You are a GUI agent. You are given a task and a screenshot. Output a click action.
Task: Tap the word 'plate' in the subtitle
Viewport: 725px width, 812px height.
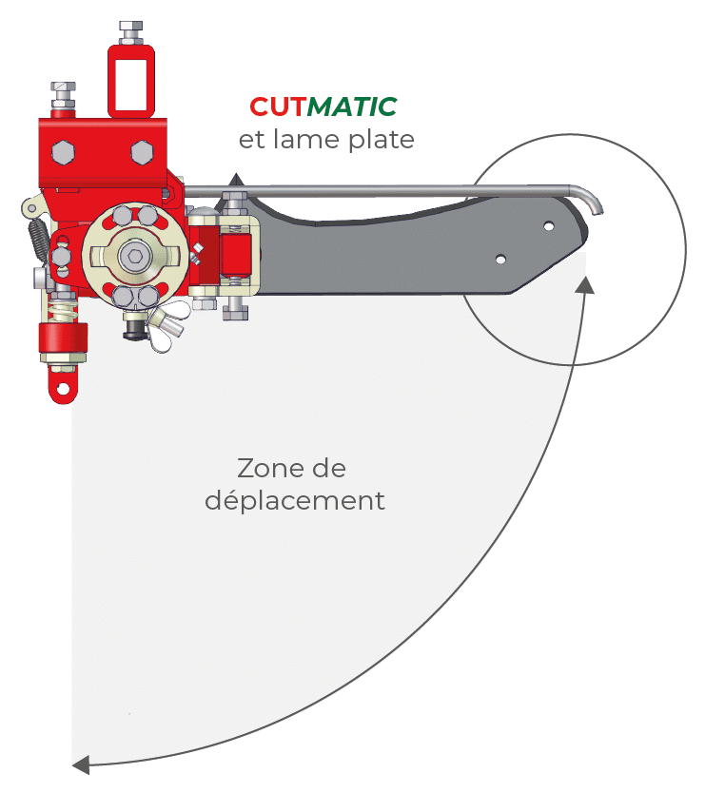(x=382, y=141)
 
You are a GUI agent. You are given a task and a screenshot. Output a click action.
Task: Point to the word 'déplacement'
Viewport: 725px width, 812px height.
(x=295, y=501)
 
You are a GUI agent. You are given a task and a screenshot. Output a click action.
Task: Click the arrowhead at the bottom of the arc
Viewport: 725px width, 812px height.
(x=82, y=764)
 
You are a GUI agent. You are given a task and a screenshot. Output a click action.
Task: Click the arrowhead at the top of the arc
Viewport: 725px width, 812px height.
(x=585, y=283)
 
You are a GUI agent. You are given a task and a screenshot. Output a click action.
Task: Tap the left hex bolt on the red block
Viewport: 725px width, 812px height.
(x=64, y=152)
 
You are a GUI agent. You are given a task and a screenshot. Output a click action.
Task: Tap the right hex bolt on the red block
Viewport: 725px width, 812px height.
(x=142, y=151)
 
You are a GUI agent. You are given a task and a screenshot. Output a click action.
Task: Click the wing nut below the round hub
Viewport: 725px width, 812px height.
(x=152, y=327)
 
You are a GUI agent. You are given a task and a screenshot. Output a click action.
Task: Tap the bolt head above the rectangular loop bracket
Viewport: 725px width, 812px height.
(x=129, y=29)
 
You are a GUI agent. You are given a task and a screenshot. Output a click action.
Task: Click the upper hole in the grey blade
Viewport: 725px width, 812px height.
(x=549, y=226)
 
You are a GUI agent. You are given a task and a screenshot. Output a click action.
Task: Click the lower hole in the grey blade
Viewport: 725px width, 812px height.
(x=500, y=258)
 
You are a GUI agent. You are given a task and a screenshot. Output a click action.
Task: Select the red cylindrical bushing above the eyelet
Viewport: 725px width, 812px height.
(x=63, y=339)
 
